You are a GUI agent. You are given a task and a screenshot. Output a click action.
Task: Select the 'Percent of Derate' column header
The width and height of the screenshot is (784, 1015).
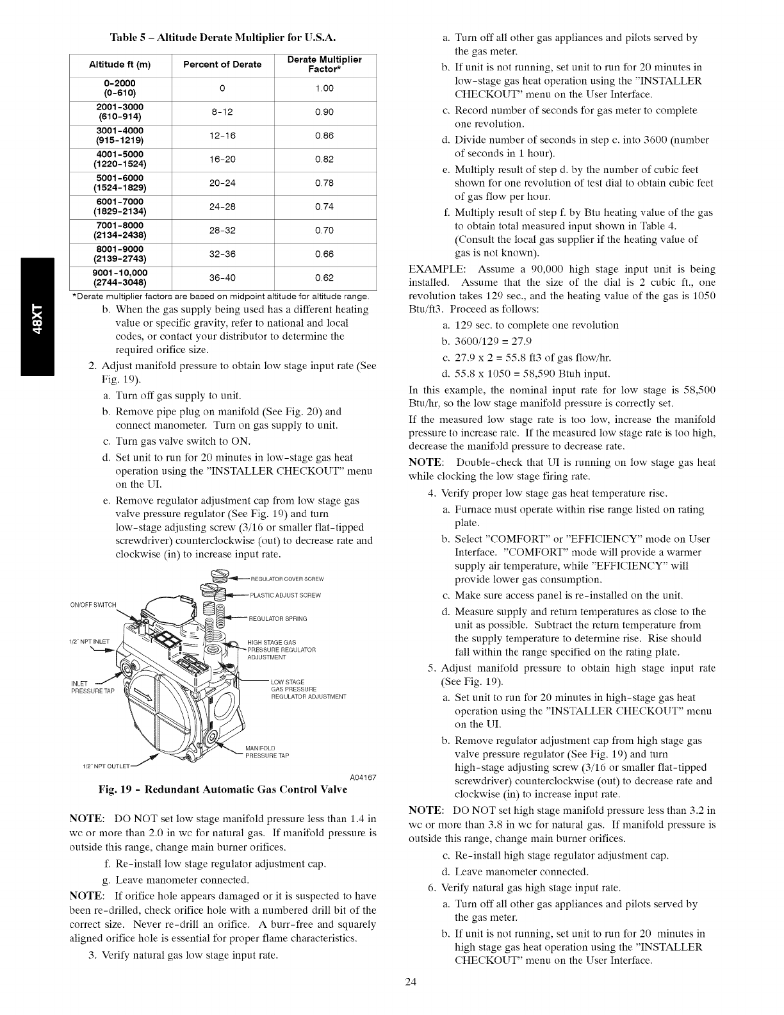222,64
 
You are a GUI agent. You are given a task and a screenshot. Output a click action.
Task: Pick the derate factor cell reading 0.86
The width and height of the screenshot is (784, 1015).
325,136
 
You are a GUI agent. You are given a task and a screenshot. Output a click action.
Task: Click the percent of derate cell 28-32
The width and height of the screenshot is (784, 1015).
222,231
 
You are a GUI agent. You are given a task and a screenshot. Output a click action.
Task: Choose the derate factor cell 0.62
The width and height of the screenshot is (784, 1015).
325,278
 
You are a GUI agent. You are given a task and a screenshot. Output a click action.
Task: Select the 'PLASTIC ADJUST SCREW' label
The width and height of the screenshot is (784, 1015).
285,595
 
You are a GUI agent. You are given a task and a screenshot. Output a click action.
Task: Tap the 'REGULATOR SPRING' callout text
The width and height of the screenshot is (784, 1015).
277,618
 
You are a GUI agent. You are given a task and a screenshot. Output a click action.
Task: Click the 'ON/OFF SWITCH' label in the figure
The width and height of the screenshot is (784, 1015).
93,604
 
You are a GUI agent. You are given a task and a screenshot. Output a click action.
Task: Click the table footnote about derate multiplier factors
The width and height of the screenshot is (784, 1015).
222,296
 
